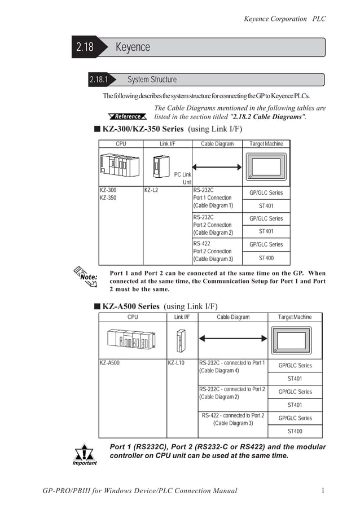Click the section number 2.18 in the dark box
click(85, 47)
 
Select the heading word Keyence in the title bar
click(133, 47)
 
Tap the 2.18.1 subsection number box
click(99, 80)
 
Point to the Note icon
click(87, 277)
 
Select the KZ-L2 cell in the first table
click(151, 190)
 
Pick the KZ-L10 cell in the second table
click(176, 362)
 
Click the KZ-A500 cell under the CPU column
click(109, 362)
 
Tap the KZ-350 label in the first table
click(108, 198)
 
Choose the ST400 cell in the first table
click(266, 258)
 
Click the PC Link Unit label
click(183, 178)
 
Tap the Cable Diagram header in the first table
click(217, 144)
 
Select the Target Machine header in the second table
click(295, 317)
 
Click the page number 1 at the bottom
click(323, 490)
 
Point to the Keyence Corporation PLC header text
click(284, 19)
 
